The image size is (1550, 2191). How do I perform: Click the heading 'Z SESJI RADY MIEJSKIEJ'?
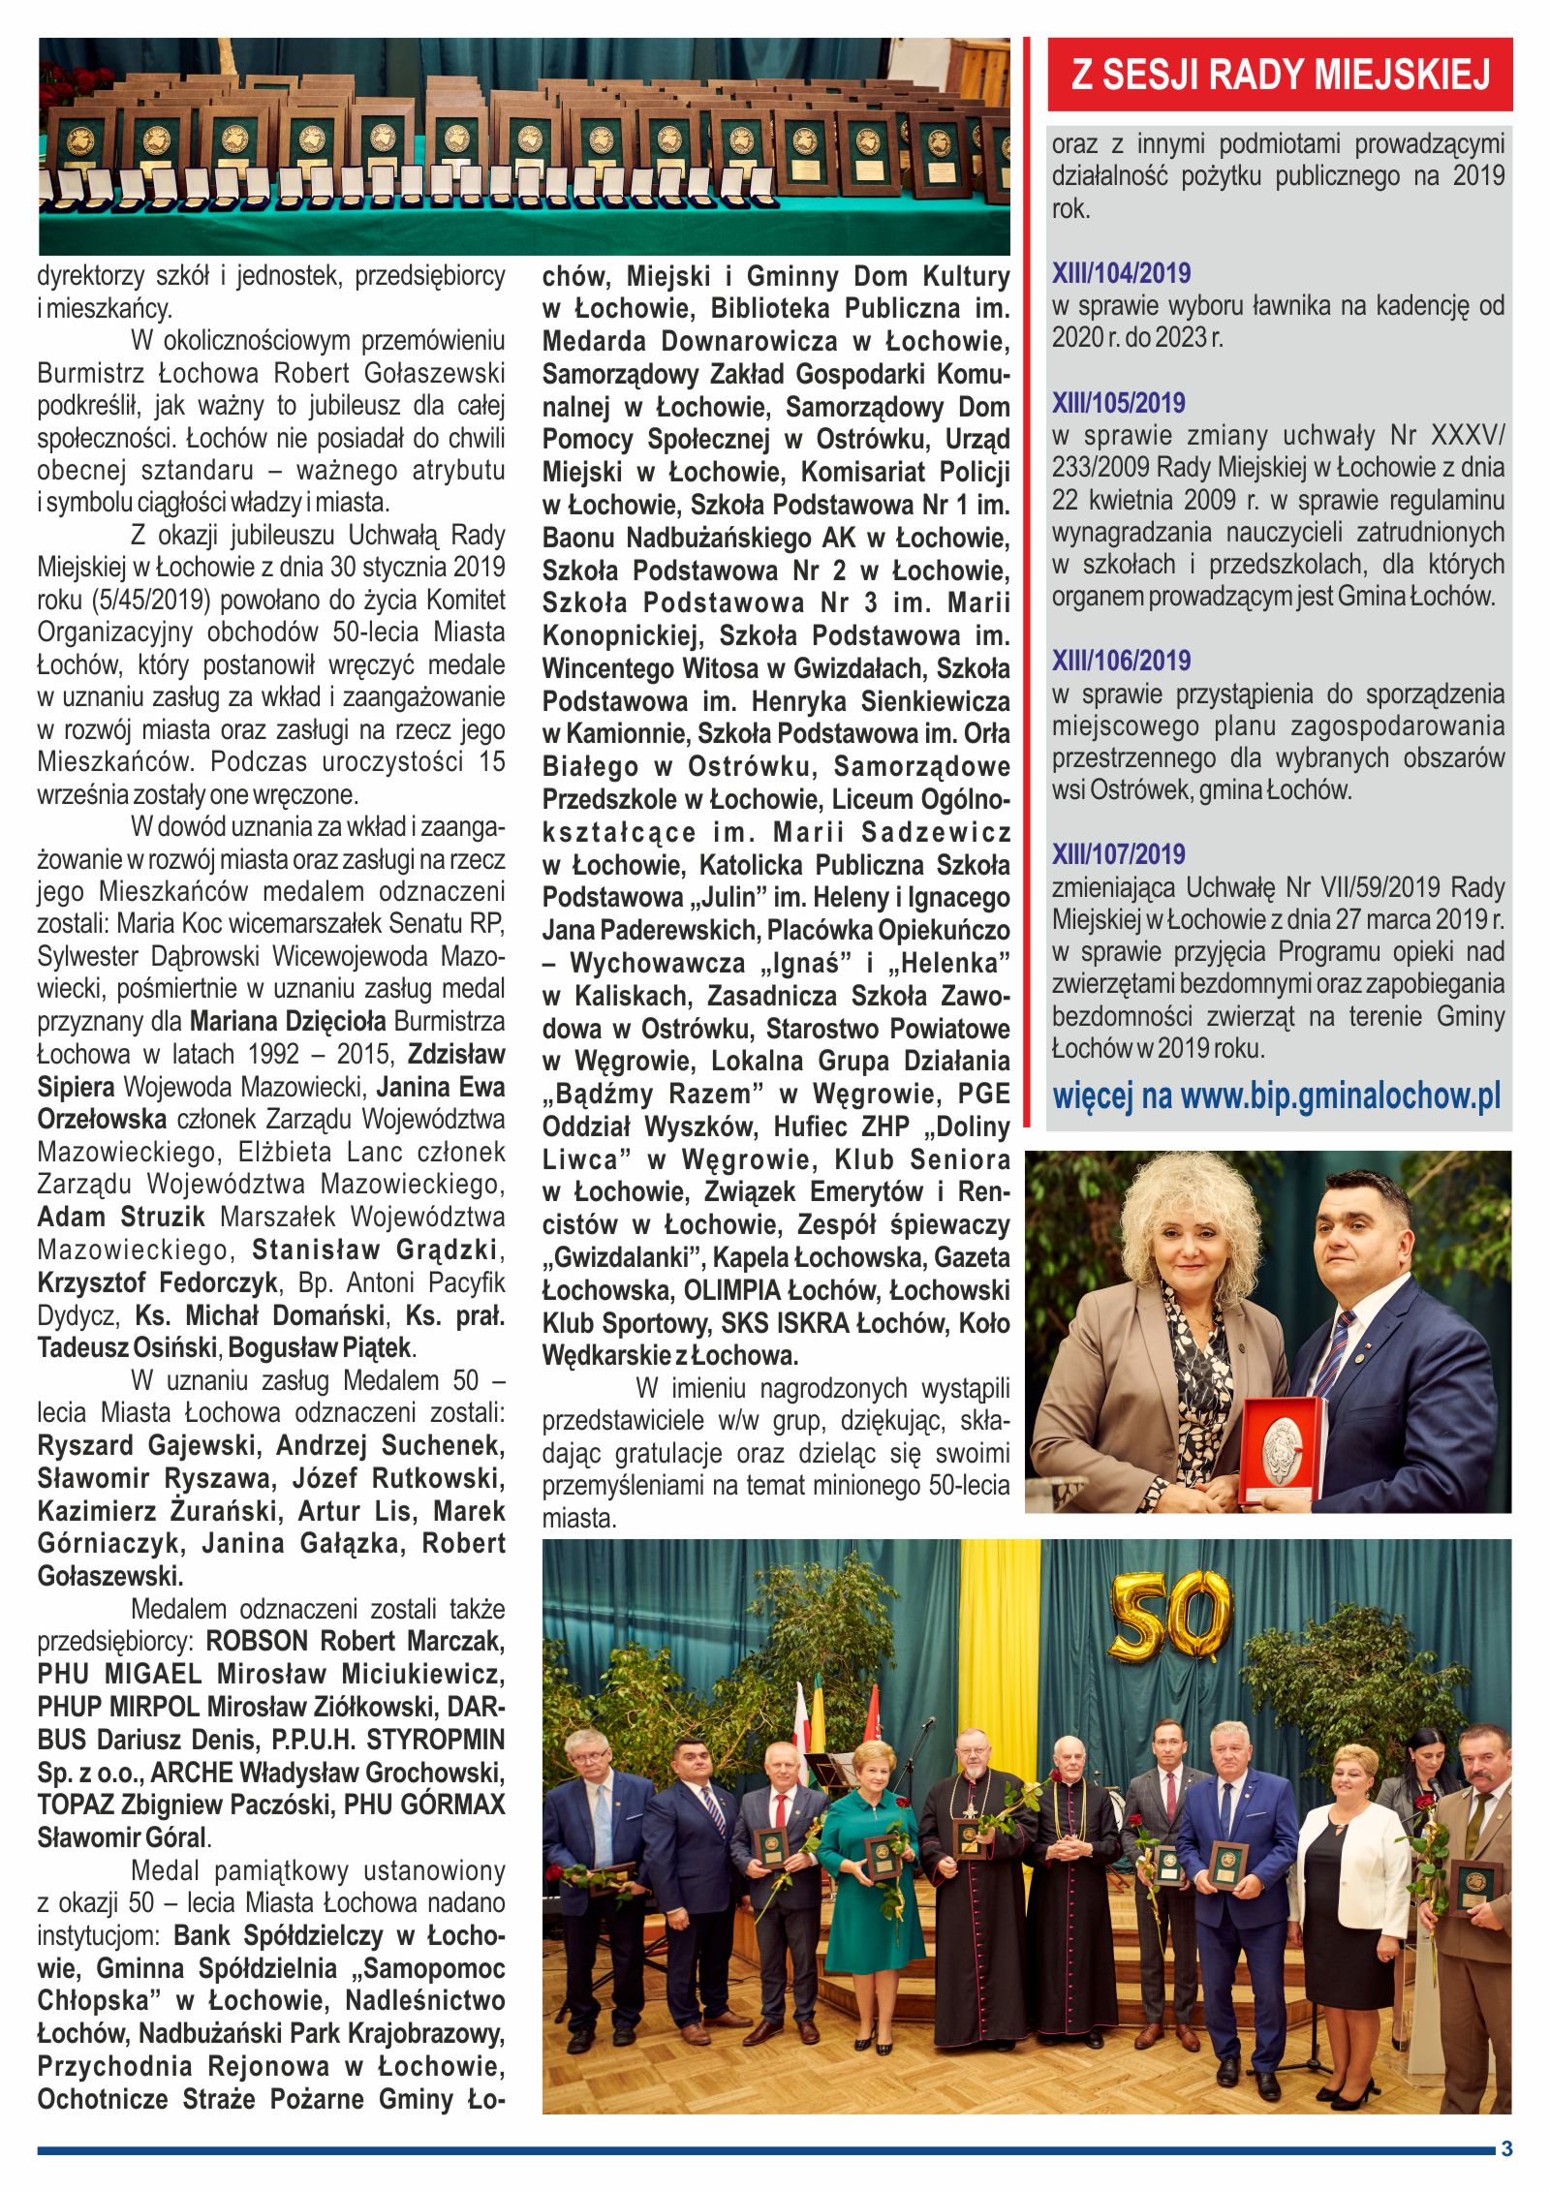(1280, 75)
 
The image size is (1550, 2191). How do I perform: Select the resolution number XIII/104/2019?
(1121, 273)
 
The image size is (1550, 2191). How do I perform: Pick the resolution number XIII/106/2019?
(1121, 661)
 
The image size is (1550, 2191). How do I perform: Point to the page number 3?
(1505, 2148)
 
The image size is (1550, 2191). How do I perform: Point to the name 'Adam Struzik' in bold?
(121, 1217)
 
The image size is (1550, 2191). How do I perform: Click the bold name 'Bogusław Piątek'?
(321, 1347)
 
